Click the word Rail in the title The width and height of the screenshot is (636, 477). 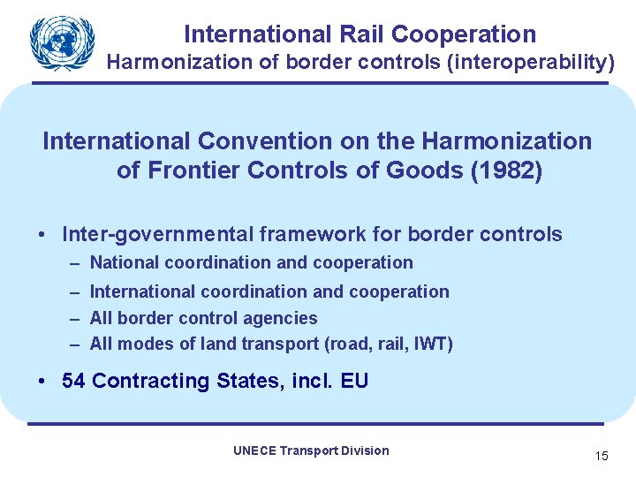click(x=363, y=34)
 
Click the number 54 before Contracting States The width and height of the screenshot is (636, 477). click(x=74, y=382)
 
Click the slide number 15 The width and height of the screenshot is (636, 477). click(x=602, y=457)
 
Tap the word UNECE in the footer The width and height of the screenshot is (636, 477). click(x=254, y=450)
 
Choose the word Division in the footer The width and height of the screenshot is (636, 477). click(x=364, y=450)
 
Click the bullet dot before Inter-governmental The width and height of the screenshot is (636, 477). click(x=42, y=235)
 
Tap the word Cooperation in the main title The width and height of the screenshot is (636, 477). click(x=464, y=34)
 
